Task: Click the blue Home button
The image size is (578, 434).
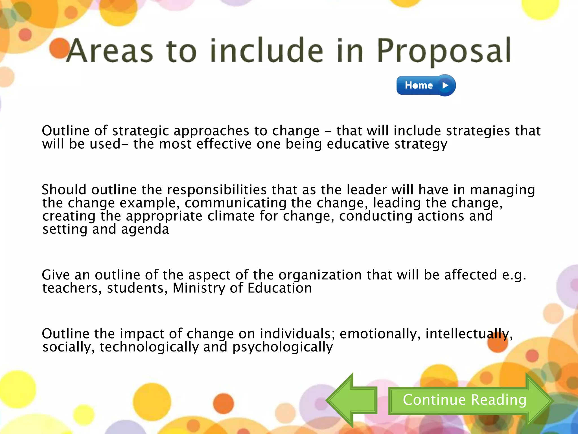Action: [x=426, y=85]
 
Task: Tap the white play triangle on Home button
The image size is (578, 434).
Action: [x=445, y=85]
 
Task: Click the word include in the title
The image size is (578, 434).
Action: [x=267, y=51]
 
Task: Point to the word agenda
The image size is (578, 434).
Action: [x=145, y=229]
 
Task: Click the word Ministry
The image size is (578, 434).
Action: [x=199, y=288]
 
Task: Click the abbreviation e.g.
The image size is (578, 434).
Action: [x=514, y=275]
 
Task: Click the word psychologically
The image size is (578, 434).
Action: [x=283, y=347]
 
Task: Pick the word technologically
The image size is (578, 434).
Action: [x=149, y=347]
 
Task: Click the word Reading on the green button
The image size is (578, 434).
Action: [x=499, y=400]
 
